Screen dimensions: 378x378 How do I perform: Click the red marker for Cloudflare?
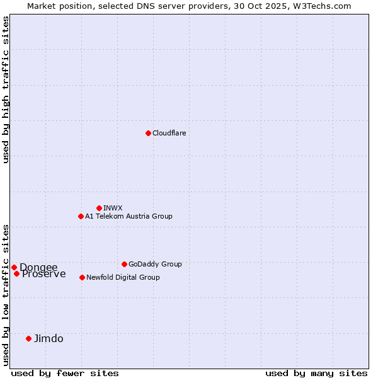148,133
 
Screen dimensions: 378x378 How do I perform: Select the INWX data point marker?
99,208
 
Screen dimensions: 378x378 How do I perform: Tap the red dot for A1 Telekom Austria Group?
81,216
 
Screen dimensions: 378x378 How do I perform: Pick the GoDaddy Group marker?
124,264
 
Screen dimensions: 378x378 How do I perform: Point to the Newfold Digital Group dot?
82,277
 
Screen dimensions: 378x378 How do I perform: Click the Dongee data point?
14,267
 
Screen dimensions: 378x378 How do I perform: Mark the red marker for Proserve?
16,273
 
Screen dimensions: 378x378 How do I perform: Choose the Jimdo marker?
28,338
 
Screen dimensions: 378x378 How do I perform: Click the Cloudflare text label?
169,133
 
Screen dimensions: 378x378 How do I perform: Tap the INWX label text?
113,208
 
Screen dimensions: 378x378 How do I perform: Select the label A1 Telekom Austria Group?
129,216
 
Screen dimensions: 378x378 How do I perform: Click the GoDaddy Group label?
155,264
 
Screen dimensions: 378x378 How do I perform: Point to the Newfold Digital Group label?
123,277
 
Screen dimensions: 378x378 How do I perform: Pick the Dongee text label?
38,267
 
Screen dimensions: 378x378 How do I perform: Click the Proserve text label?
43,274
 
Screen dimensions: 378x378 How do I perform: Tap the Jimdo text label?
49,338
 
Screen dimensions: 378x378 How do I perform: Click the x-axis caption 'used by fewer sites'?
65,373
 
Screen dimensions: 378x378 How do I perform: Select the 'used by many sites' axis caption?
316,373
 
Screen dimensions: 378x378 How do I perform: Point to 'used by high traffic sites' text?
6,89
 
